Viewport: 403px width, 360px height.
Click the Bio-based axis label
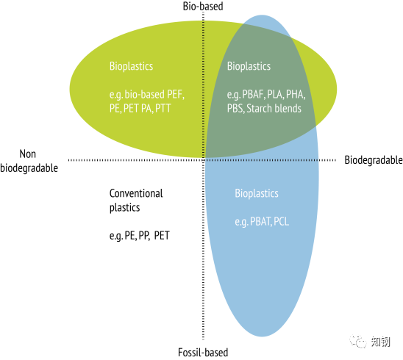pyautogui.click(x=203, y=7)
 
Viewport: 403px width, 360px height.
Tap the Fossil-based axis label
pyautogui.click(x=203, y=353)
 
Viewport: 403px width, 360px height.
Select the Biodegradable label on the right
pyautogui.click(x=374, y=160)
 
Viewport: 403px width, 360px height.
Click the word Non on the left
pyautogui.click(x=27, y=154)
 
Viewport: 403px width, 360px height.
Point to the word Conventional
pyautogui.click(x=136, y=193)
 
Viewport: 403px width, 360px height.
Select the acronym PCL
pyautogui.click(x=281, y=221)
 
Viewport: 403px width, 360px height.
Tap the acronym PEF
pyautogui.click(x=175, y=95)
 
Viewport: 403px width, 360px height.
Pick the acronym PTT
pyautogui.click(x=163, y=108)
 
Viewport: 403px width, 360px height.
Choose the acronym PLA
pyautogui.click(x=275, y=95)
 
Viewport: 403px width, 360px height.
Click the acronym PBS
pyautogui.click(x=235, y=108)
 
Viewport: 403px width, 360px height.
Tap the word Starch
pyautogui.click(x=259, y=108)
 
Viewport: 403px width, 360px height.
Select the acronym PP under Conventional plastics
pyautogui.click(x=144, y=235)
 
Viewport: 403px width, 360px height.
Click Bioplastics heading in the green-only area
pyautogui.click(x=131, y=66)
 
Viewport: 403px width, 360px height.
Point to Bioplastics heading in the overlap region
pyautogui.click(x=249, y=66)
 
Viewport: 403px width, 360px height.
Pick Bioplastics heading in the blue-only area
pyautogui.click(x=257, y=193)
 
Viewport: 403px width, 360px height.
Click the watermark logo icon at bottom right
pyautogui.click(x=357, y=341)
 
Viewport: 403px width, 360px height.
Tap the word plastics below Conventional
pyautogui.click(x=125, y=207)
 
